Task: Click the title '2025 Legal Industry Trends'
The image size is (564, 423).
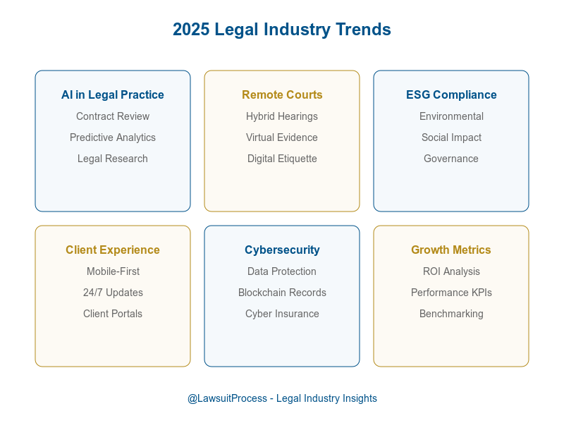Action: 282,30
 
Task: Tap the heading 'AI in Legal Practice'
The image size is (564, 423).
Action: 113,94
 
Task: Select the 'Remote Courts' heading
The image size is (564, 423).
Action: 282,94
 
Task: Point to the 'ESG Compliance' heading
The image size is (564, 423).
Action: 451,94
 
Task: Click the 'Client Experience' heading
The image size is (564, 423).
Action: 113,250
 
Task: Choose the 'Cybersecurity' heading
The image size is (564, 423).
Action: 282,250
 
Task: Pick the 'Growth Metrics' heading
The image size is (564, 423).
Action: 451,250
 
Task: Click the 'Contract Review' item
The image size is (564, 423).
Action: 113,116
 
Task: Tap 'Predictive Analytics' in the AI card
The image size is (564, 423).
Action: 113,137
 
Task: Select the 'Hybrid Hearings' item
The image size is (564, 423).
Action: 282,116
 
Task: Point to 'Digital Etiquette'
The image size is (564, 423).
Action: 282,159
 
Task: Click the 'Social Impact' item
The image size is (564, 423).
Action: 451,137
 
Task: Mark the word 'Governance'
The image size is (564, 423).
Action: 451,159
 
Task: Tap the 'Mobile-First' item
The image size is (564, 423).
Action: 113,271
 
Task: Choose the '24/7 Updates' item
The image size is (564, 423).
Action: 113,293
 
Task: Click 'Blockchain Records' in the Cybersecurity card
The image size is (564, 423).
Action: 282,293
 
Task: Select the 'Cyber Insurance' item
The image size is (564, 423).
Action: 282,314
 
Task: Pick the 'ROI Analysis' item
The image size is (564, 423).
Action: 451,271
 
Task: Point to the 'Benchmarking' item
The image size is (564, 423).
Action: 451,314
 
